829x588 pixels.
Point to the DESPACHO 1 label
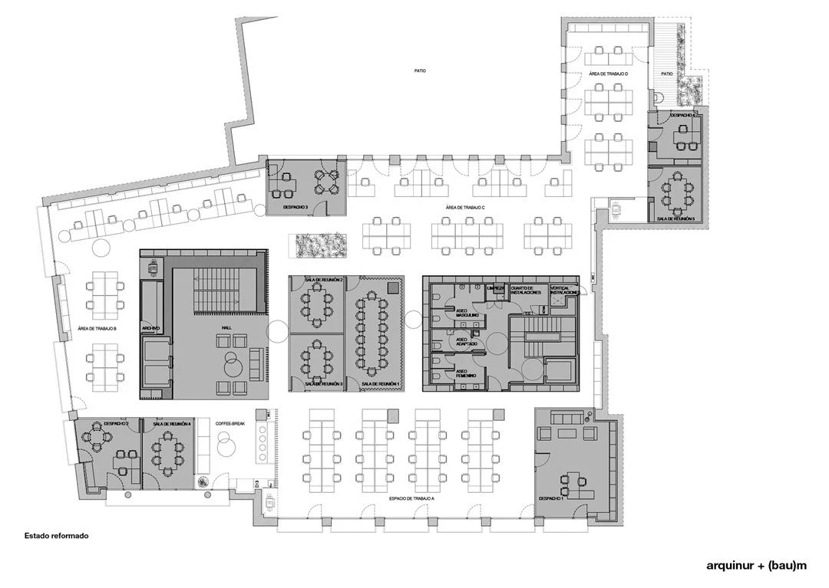[x=551, y=498]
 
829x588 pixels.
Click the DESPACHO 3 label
[x=296, y=207]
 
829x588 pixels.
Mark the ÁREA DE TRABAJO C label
[x=469, y=208]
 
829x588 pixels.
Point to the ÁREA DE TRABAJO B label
[x=97, y=330]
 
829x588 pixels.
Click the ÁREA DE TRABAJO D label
[x=609, y=74]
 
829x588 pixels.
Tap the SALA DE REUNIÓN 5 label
[x=675, y=218]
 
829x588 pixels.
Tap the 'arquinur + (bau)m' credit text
[x=757, y=566]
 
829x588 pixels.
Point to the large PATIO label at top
[x=418, y=71]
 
